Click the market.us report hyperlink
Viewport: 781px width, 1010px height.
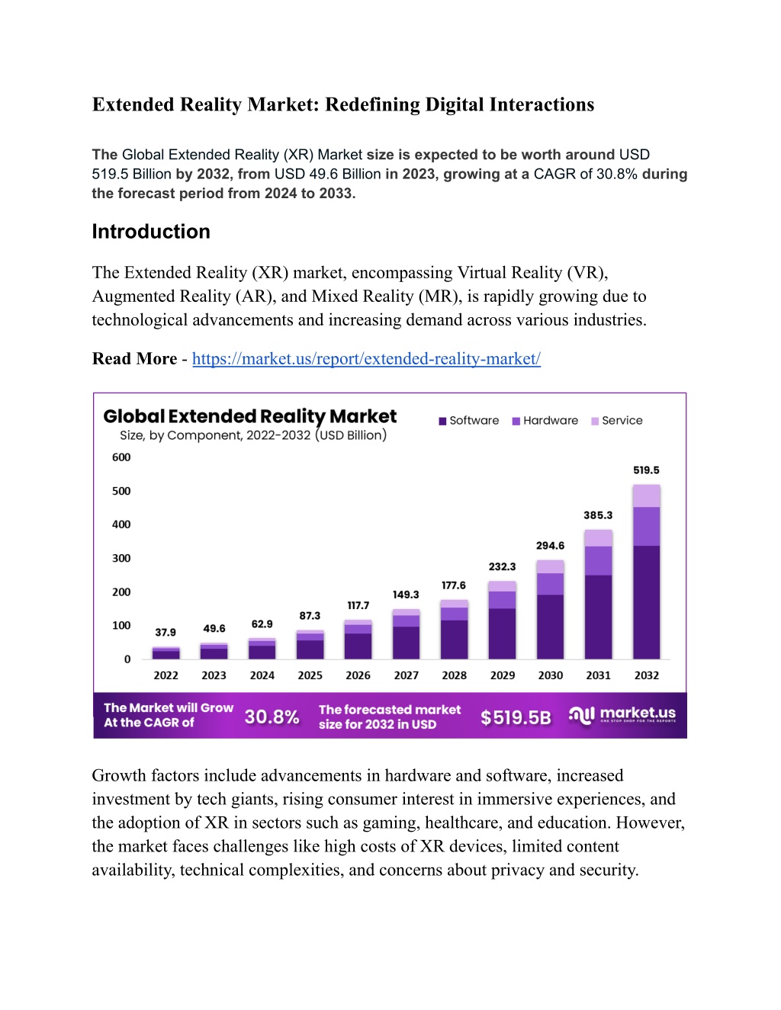[366, 359]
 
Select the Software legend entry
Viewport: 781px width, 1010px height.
[468, 421]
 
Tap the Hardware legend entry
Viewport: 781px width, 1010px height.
[545, 421]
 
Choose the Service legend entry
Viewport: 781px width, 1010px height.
[617, 421]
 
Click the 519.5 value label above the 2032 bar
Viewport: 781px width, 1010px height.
[646, 470]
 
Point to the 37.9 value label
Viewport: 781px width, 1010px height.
[166, 633]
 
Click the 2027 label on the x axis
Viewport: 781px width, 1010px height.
[407, 676]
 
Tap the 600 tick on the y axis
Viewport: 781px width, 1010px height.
[121, 457]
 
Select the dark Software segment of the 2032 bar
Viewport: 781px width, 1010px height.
[646, 602]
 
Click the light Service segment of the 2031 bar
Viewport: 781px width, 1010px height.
[598, 538]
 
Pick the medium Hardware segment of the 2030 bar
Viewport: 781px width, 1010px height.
[550, 584]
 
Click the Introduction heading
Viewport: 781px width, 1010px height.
[151, 232]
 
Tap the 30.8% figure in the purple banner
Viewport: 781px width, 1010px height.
[272, 717]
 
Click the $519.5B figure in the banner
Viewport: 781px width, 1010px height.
[516, 717]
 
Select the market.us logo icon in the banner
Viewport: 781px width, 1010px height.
[582, 715]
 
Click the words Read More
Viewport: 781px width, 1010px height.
[135, 359]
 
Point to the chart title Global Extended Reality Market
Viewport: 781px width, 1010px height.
[250, 416]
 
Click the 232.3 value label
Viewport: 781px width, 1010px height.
[502, 566]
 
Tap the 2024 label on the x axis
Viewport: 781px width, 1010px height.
[262, 676]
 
